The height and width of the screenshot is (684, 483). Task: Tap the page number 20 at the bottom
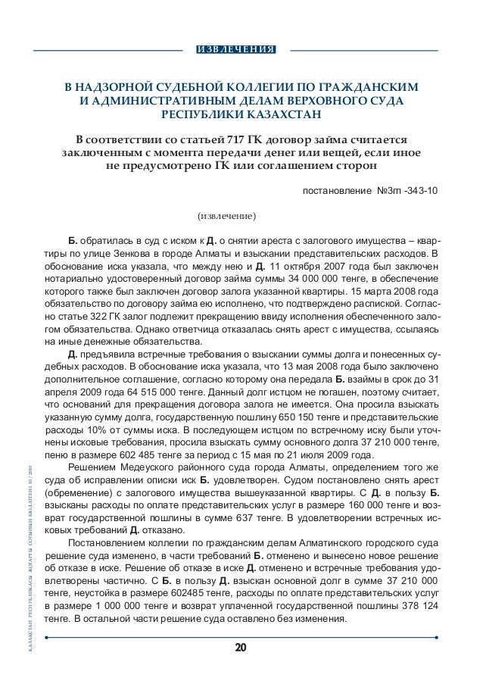coord(241,648)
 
